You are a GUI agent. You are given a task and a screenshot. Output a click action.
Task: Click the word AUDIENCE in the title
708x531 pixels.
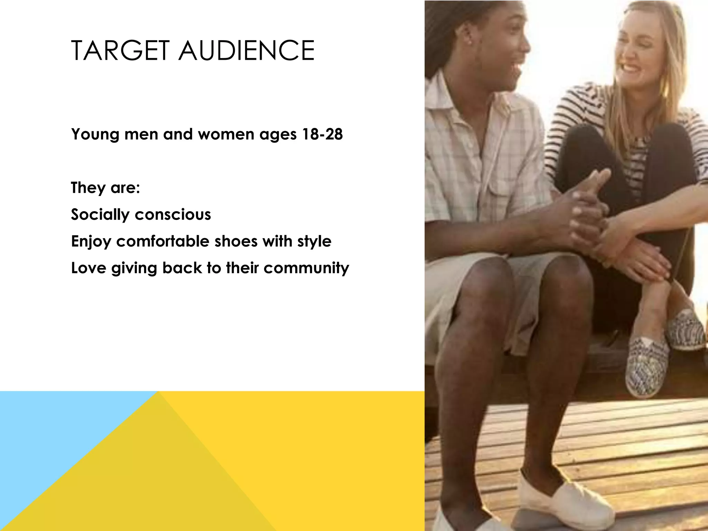point(246,51)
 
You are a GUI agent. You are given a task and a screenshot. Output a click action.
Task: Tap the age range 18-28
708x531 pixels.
point(322,134)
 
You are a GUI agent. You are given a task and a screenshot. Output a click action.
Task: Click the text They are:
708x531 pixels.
point(105,188)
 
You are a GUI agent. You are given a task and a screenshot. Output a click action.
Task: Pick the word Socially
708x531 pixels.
point(100,215)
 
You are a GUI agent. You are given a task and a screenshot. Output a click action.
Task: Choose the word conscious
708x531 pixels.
point(173,214)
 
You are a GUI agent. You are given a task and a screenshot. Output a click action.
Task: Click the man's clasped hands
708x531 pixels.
point(588,207)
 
